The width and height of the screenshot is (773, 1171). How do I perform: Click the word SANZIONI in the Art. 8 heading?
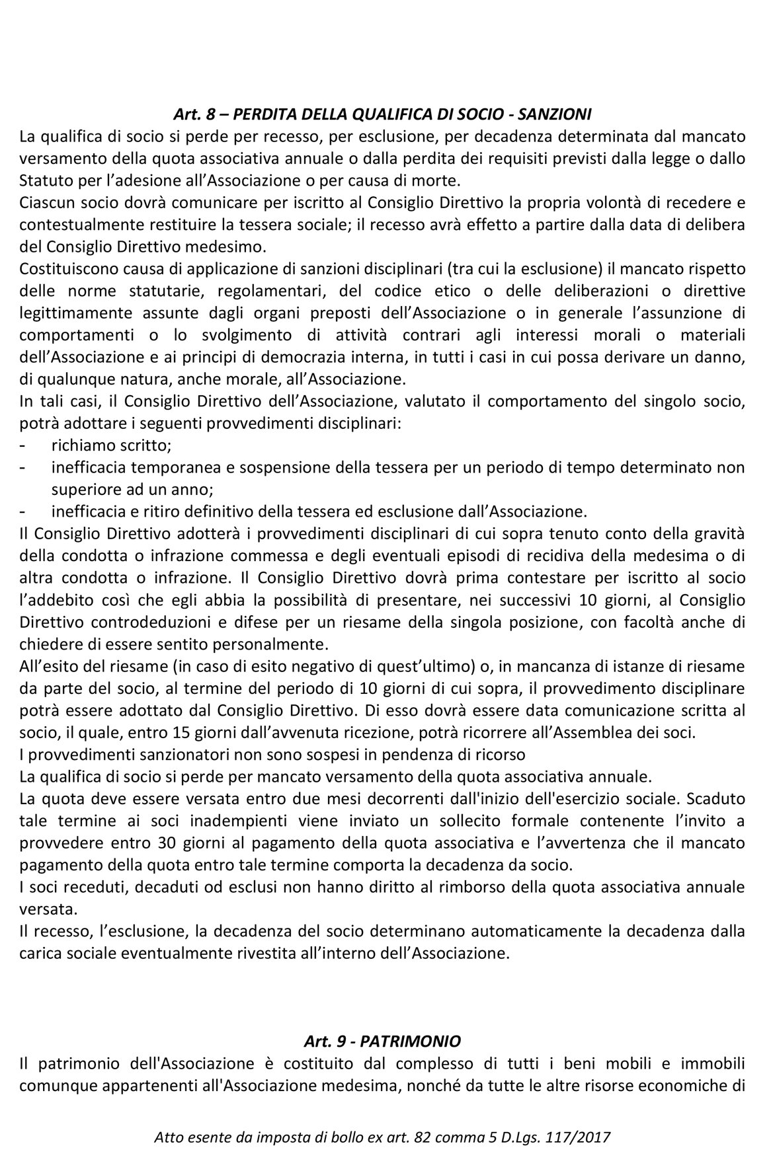555,114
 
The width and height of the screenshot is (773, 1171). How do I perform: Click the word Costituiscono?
63,269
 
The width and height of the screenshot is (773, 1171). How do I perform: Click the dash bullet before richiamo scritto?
23,446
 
